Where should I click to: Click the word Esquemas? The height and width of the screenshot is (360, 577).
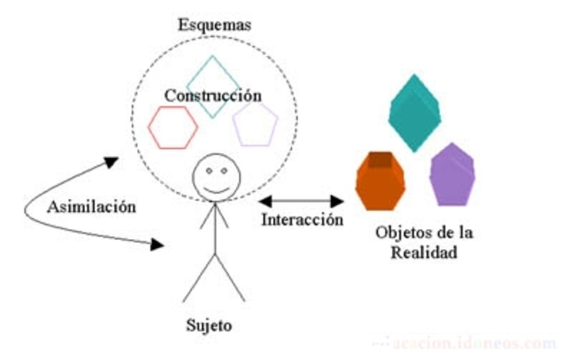(213, 24)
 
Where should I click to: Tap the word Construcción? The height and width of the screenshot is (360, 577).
(214, 95)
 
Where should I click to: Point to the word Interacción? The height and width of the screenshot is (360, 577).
(302, 219)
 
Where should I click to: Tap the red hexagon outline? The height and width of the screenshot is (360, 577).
(174, 126)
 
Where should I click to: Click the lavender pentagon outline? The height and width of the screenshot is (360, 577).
(254, 125)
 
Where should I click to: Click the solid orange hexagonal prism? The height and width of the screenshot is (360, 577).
(380, 180)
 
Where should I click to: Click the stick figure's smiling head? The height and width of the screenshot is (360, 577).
(214, 175)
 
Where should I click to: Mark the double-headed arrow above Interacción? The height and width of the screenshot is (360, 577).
(301, 198)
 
